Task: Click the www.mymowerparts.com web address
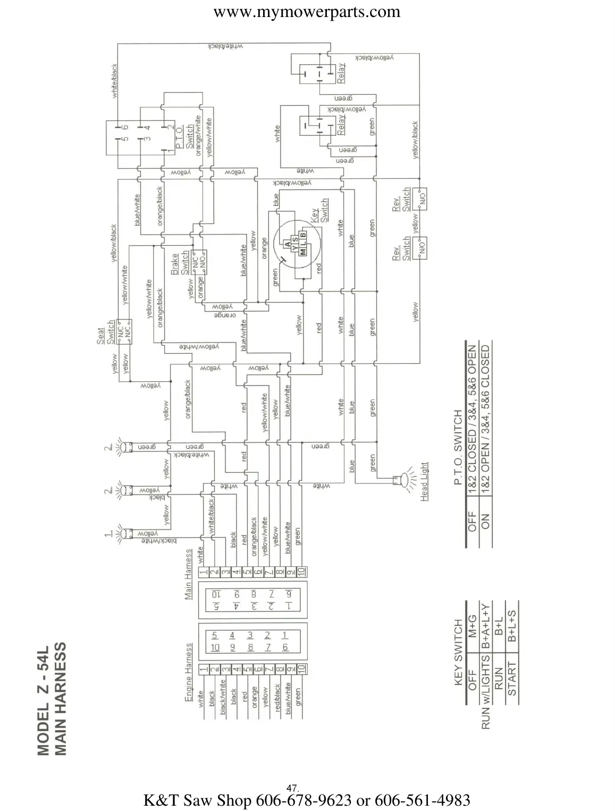point(307,12)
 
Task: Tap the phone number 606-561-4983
point(423,799)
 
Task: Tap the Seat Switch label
point(106,332)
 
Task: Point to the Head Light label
point(424,482)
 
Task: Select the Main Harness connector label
point(188,575)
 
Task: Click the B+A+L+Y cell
point(485,624)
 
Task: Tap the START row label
point(511,679)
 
